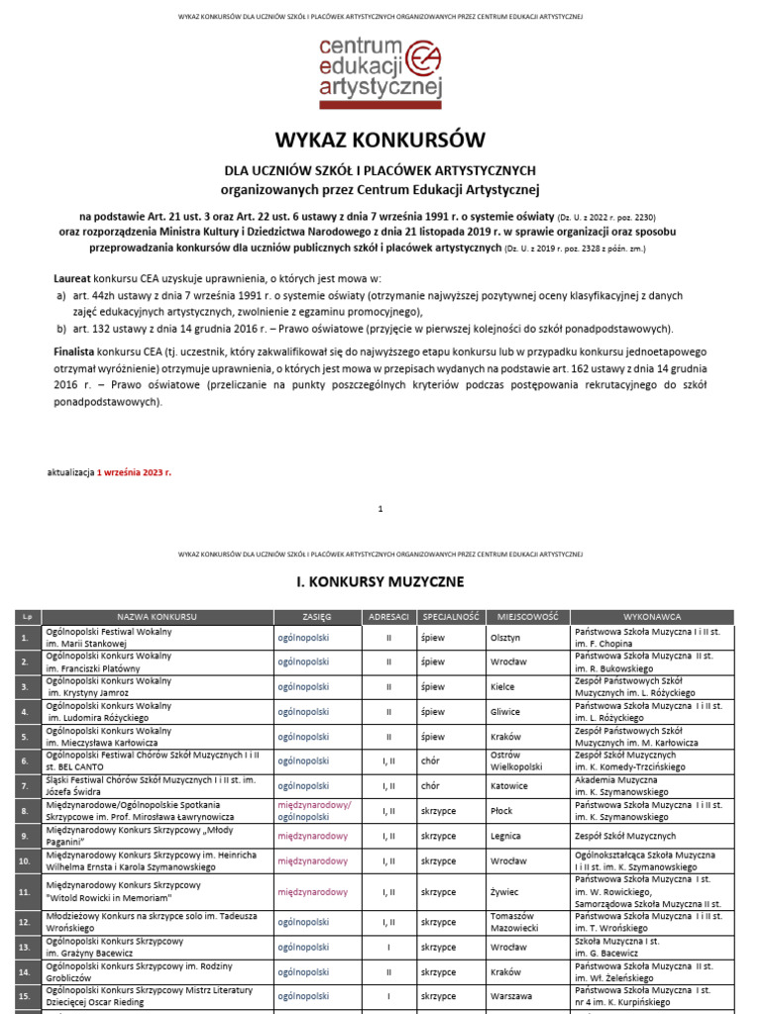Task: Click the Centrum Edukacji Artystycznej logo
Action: [380, 71]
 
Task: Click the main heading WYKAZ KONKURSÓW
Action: [380, 140]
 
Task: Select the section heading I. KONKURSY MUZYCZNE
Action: [380, 581]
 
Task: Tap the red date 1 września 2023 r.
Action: [134, 472]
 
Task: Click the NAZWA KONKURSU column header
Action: [157, 616]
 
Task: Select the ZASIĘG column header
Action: [317, 616]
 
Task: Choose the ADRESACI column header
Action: [388, 616]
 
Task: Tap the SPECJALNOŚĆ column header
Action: [450, 616]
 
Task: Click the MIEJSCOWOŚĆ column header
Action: [527, 616]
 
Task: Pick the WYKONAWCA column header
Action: [651, 616]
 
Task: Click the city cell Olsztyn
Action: [505, 639]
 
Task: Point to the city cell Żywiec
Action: [505, 892]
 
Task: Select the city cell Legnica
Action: [506, 836]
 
